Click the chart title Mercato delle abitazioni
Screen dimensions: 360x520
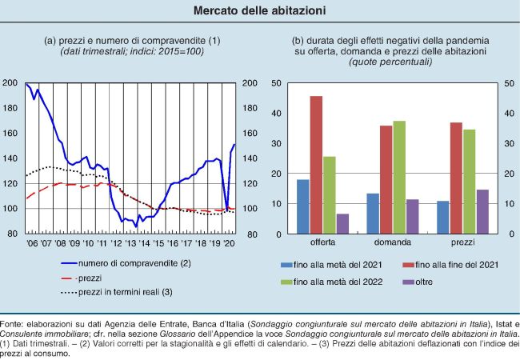click(259, 11)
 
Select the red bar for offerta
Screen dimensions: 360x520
click(316, 165)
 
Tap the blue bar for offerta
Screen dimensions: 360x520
click(302, 206)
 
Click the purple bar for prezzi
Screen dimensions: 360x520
click(482, 212)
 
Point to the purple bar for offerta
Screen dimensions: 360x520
click(342, 224)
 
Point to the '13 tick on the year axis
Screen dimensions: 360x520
click(131, 242)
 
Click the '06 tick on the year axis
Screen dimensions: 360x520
click(33, 242)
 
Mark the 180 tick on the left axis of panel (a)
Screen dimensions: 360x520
click(10, 108)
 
